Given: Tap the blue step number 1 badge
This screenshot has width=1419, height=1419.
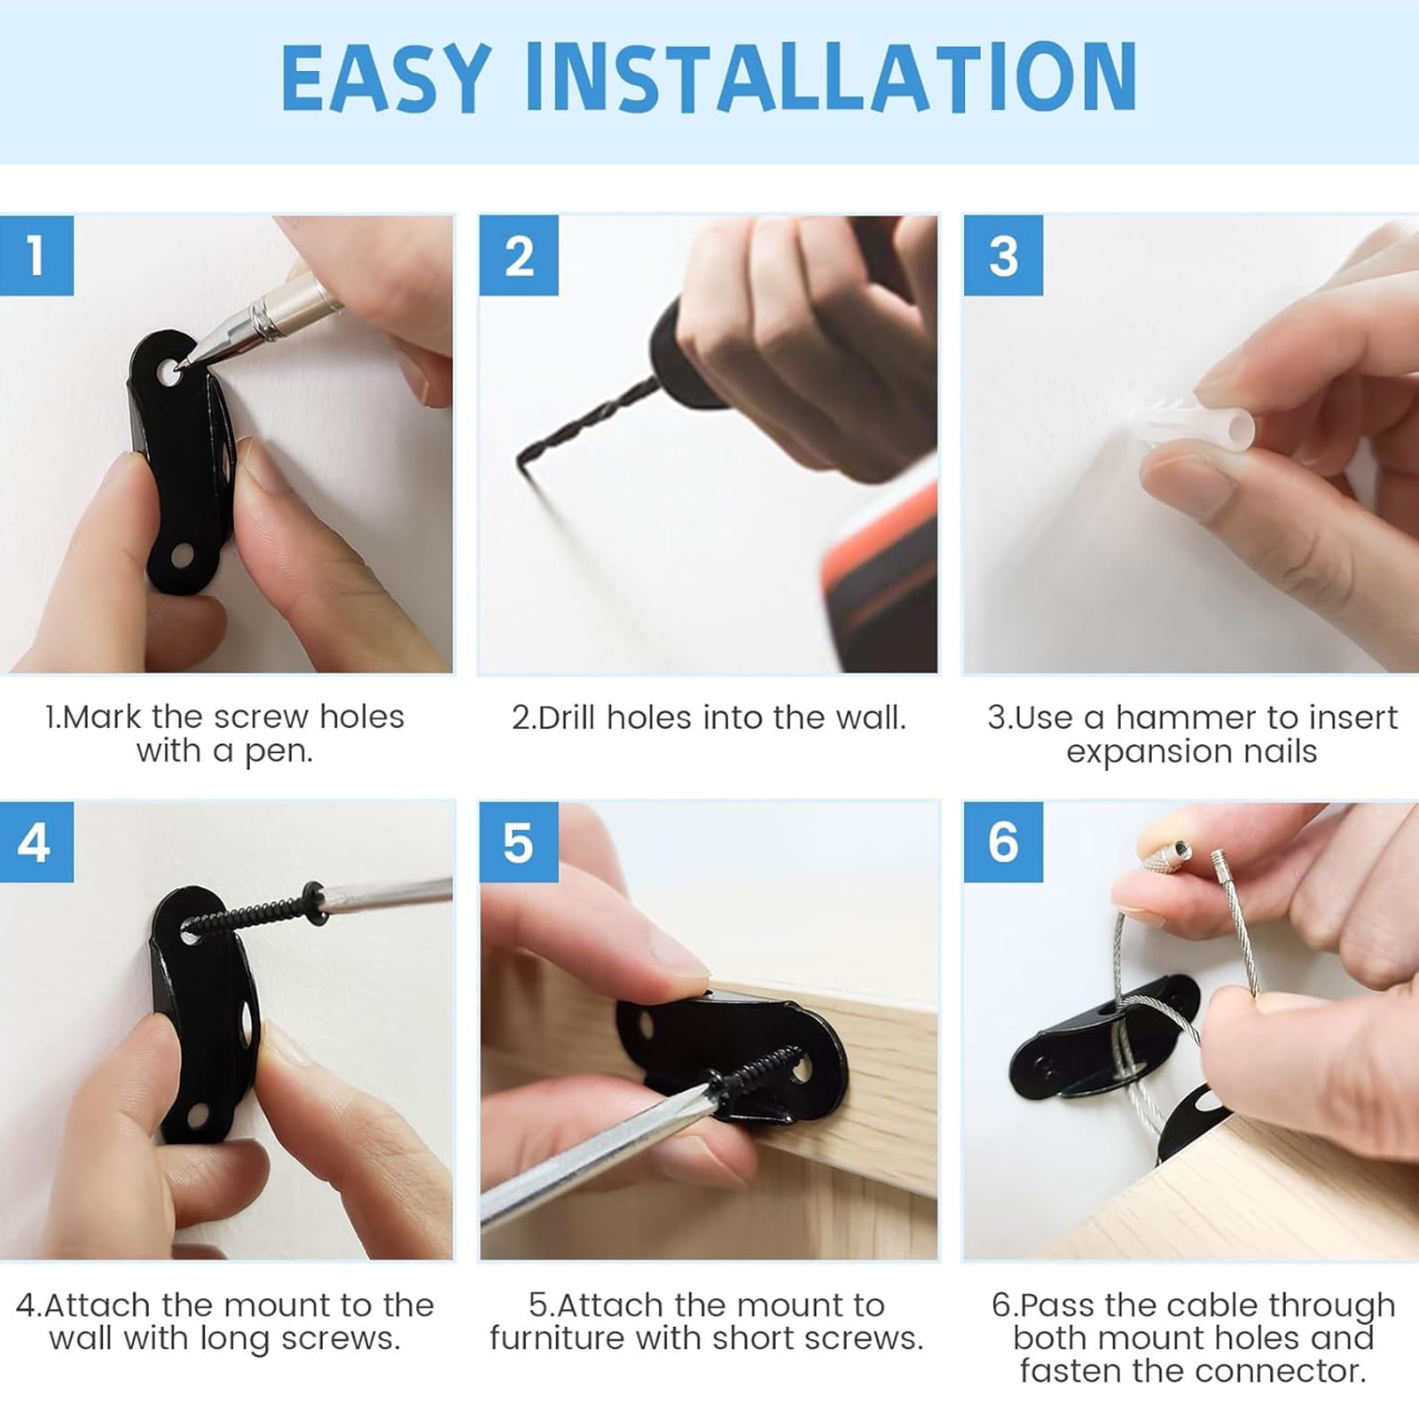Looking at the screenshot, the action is [x=36, y=255].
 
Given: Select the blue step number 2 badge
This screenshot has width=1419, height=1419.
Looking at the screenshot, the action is [x=519, y=255].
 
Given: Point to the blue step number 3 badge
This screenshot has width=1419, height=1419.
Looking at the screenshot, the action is [x=1003, y=255].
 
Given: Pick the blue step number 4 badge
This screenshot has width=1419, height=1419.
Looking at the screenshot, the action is [x=36, y=842].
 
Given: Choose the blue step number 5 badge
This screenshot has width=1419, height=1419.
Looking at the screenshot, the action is [x=519, y=842].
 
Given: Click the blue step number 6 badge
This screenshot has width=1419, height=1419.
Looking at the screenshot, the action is [x=1003, y=842].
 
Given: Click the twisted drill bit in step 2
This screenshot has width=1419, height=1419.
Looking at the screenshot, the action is [x=585, y=424].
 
